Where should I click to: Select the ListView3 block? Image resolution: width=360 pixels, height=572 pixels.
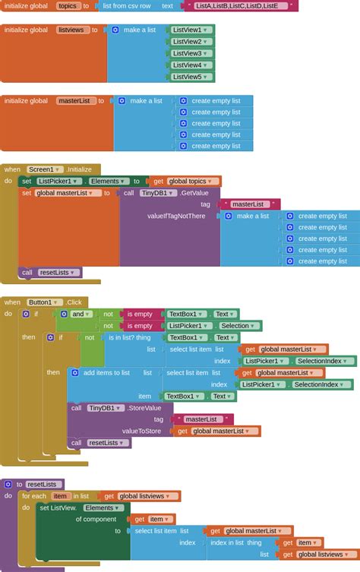pyautogui.click(x=191, y=53)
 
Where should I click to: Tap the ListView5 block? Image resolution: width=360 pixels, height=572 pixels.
pyautogui.click(x=191, y=77)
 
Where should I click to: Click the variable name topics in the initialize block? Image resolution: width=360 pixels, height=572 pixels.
pyautogui.click(x=68, y=6)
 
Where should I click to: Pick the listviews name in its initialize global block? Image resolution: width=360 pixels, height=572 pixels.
pyautogui.click(x=71, y=30)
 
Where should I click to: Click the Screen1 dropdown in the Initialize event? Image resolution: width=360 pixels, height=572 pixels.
pyautogui.click(x=45, y=169)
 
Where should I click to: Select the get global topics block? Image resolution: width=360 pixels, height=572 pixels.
pyautogui.click(x=185, y=182)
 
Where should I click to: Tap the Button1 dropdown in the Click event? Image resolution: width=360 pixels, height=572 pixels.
pyautogui.click(x=43, y=302)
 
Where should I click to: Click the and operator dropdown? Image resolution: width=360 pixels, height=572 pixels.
pyautogui.click(x=80, y=314)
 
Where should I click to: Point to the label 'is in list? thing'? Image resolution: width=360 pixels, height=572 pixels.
pyautogui.click(x=129, y=337)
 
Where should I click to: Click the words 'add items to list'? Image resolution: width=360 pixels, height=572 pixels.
pyautogui.click(x=106, y=373)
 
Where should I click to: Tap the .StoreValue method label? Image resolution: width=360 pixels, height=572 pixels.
pyautogui.click(x=144, y=408)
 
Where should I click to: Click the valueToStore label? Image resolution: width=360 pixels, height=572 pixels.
pyautogui.click(x=141, y=431)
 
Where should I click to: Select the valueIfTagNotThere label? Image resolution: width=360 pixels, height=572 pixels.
pyautogui.click(x=176, y=216)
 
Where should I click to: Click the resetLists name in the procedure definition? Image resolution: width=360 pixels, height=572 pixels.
pyautogui.click(x=42, y=485)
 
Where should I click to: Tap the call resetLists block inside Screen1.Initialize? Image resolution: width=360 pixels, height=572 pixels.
pyautogui.click(x=50, y=273)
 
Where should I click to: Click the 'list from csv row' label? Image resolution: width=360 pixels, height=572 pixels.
pyautogui.click(x=127, y=6)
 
